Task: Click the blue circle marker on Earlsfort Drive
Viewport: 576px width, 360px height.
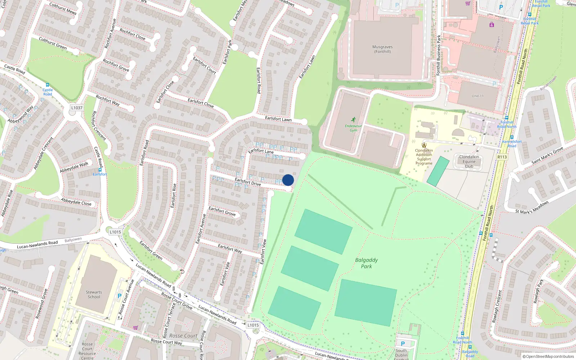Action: click(x=288, y=180)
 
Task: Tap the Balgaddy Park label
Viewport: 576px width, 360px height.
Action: click(x=366, y=263)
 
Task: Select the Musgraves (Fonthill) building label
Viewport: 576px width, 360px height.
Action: click(x=382, y=49)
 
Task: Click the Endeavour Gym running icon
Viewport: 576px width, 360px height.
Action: click(x=354, y=120)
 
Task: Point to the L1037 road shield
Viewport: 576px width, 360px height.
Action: click(x=77, y=108)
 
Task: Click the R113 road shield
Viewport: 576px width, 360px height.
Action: click(x=502, y=157)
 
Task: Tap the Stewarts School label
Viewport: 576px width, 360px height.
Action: click(x=94, y=294)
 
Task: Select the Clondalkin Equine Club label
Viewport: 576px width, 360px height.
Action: click(x=469, y=162)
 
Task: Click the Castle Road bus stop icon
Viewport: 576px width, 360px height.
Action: click(x=47, y=85)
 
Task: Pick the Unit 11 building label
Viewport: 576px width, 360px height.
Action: click(x=478, y=96)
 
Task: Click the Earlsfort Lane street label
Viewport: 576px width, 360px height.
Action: click(x=261, y=151)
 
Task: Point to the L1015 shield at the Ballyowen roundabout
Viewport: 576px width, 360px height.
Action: click(x=115, y=232)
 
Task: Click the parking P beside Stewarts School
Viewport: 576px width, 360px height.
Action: click(x=120, y=296)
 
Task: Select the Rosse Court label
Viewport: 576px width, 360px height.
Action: click(x=183, y=336)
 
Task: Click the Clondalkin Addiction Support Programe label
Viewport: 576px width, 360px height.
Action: click(x=424, y=157)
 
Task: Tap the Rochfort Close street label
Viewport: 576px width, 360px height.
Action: click(x=132, y=34)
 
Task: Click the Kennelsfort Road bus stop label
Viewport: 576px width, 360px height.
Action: click(x=512, y=144)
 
